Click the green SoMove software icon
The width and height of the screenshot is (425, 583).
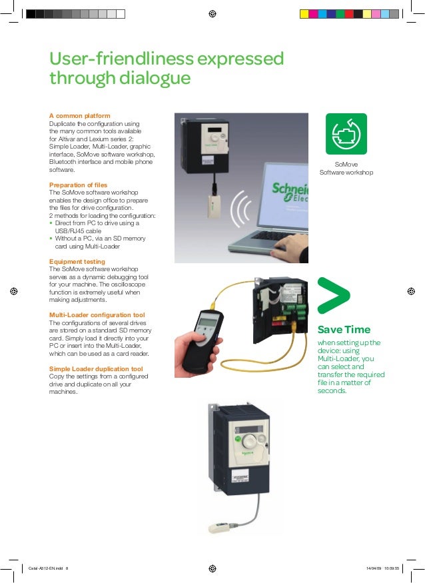click(346, 134)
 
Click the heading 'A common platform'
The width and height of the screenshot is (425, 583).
click(79, 116)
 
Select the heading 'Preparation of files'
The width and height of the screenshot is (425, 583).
click(78, 185)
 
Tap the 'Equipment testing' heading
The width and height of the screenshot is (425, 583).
click(77, 261)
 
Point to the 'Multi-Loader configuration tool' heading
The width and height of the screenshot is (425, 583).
click(97, 315)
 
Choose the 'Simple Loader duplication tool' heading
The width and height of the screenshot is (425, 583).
click(96, 369)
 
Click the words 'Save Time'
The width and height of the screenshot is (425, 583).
click(344, 329)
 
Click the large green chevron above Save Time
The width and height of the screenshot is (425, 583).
click(333, 295)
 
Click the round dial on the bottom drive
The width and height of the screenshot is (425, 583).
click(248, 441)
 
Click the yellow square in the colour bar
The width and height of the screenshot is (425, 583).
click(304, 14)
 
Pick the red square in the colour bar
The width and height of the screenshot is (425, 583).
click(349, 14)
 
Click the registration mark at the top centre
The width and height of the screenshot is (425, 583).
click(212, 14)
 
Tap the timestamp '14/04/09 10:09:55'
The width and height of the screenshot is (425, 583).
click(382, 568)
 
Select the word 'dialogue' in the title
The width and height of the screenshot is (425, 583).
click(155, 79)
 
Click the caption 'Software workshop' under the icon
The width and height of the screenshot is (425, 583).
click(346, 172)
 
